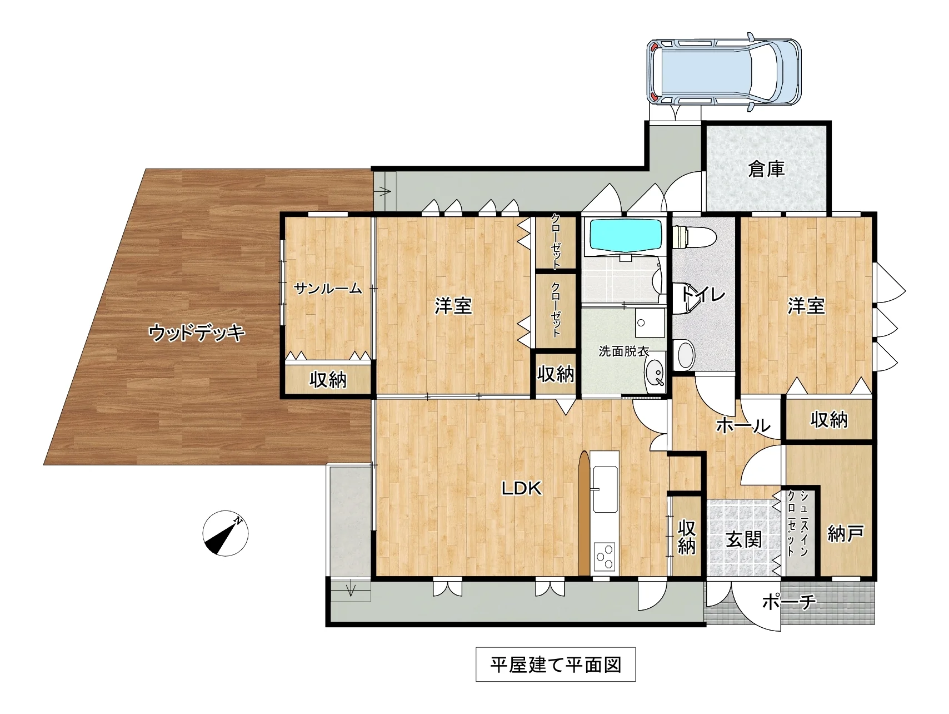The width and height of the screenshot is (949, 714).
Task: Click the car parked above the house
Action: (x=724, y=72)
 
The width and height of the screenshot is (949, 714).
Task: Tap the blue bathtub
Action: (x=626, y=235)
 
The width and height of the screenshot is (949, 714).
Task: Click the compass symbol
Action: (x=225, y=533)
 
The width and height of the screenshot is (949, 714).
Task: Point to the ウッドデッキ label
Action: (x=197, y=333)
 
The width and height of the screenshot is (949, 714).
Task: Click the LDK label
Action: (x=521, y=488)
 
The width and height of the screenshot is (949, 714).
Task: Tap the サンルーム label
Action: (x=328, y=288)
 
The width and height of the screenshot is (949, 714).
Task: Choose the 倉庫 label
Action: (x=766, y=168)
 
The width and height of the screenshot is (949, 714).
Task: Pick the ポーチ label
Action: (x=788, y=602)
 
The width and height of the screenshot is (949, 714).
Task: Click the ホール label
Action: (x=743, y=425)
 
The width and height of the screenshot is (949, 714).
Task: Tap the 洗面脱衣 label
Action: (x=624, y=351)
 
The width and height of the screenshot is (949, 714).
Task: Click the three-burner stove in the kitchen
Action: (x=605, y=555)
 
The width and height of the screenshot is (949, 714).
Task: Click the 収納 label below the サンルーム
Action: (x=328, y=380)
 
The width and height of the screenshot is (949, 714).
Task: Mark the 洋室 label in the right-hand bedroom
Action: (x=806, y=305)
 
